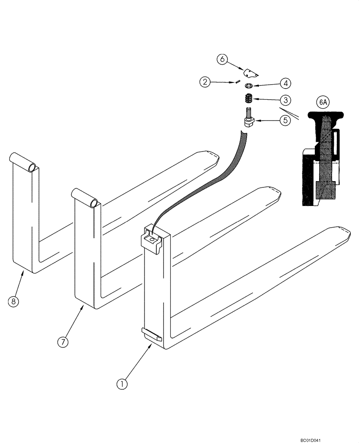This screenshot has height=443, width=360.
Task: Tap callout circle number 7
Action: tap(63, 342)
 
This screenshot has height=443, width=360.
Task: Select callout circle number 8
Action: tap(14, 302)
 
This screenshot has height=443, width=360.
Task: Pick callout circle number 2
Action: tap(205, 82)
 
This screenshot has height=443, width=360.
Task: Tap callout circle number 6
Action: tap(223, 59)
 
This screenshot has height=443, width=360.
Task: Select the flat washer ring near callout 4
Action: tap(249, 85)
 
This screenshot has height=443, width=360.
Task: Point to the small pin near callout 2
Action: tap(239, 81)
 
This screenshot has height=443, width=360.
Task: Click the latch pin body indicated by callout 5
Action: tap(250, 120)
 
